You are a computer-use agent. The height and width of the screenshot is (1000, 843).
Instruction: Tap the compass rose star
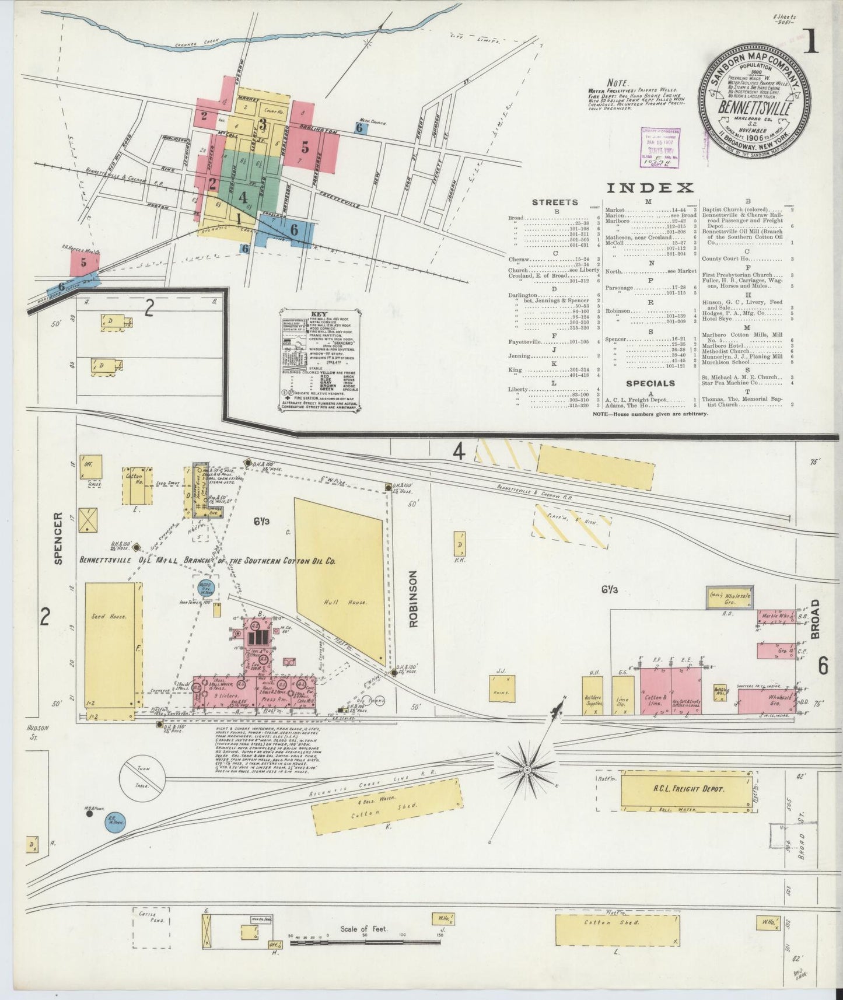(526, 770)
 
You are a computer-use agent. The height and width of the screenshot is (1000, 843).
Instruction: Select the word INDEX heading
(650, 187)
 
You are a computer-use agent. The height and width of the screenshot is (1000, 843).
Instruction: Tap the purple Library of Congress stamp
(662, 148)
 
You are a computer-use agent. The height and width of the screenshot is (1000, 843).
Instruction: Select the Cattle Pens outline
(151, 943)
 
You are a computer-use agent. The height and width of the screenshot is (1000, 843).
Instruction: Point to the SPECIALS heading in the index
(650, 383)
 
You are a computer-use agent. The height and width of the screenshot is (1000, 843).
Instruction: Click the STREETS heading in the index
(555, 202)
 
